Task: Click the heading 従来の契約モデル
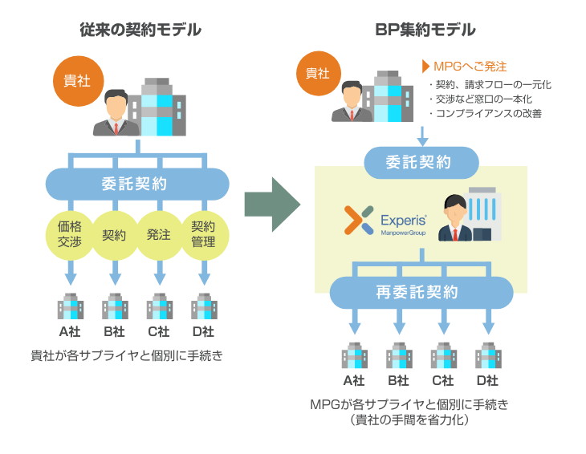[x=140, y=30]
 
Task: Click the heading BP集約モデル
[x=425, y=30]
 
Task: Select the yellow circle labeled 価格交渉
[x=70, y=233]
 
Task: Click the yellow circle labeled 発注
[x=158, y=234]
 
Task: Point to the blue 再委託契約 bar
[x=421, y=292]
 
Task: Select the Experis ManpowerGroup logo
[x=385, y=221]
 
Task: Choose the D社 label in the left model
[x=203, y=331]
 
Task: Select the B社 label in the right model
[x=398, y=380]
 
